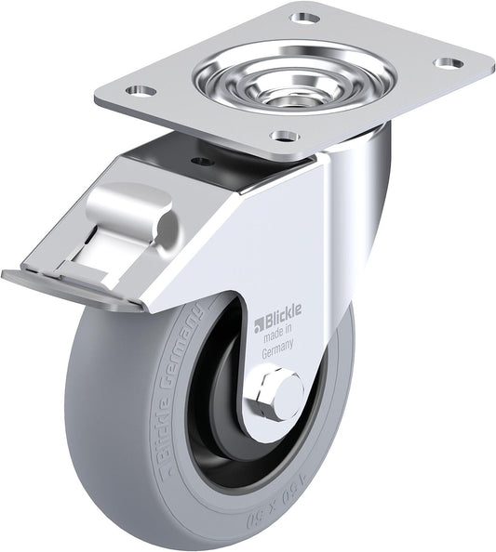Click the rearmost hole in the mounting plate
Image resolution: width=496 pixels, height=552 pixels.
[304, 18]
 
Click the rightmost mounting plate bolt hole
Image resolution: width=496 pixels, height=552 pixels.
[449, 63]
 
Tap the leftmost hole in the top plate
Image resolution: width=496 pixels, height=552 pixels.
[140, 91]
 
